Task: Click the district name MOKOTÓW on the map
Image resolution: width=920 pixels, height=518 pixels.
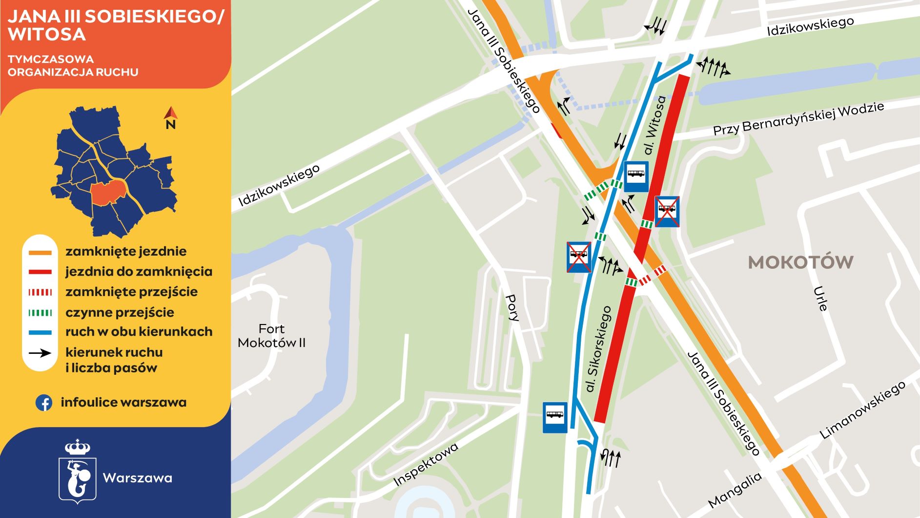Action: tap(800, 262)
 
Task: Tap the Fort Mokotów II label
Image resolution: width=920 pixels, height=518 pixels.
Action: tap(271, 336)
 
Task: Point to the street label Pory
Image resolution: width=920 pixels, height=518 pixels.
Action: tap(512, 307)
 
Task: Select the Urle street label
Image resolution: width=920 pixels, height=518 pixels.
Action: tap(820, 299)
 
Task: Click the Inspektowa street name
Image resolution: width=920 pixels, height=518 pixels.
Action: tap(426, 464)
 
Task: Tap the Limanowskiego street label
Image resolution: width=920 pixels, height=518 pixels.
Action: tap(862, 410)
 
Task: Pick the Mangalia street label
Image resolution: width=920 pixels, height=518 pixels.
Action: tap(735, 490)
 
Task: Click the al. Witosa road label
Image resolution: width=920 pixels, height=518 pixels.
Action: tap(654, 125)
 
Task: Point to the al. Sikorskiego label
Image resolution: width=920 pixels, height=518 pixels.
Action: tap(598, 349)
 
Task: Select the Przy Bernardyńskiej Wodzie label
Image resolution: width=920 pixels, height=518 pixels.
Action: tap(798, 119)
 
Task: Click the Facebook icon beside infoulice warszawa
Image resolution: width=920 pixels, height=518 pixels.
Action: tap(44, 403)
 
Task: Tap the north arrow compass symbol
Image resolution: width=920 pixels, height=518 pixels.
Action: tap(170, 117)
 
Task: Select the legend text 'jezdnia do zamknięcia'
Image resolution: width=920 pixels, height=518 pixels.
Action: tap(139, 272)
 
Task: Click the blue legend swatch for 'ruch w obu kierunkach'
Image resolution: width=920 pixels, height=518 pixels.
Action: tap(40, 332)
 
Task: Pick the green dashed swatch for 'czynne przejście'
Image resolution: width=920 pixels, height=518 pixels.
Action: tap(40, 313)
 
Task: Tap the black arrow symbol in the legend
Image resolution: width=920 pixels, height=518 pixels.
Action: tap(40, 353)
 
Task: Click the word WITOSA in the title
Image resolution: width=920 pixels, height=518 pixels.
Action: tap(47, 34)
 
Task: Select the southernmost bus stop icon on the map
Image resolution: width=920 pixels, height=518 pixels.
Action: tap(555, 417)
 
